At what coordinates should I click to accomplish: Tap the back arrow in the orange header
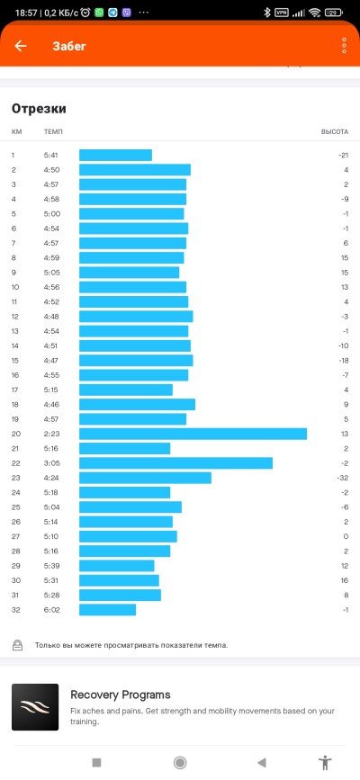[x=21, y=46]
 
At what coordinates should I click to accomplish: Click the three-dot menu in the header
[x=344, y=46]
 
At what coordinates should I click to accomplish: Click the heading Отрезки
[x=39, y=109]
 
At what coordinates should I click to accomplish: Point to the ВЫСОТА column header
[x=335, y=132]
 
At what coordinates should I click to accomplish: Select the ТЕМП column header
[x=53, y=132]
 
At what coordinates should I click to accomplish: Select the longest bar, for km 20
[x=193, y=434]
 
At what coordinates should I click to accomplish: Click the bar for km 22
[x=175, y=463]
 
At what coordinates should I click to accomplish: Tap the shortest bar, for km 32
[x=108, y=610]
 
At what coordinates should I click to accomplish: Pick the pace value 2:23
[x=52, y=434]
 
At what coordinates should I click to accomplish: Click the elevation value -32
[x=343, y=478]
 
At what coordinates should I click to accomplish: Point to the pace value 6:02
[x=52, y=610]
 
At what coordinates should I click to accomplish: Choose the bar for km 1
[x=115, y=156]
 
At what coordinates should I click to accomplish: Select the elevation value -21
[x=343, y=156]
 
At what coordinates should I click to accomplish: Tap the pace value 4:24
[x=52, y=478]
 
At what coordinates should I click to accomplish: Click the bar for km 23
[x=146, y=478]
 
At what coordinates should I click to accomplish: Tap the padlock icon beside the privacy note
[x=17, y=645]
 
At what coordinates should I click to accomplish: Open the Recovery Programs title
[x=121, y=695]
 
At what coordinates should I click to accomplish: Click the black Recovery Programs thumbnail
[x=35, y=707]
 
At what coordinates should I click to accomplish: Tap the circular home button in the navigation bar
[x=180, y=763]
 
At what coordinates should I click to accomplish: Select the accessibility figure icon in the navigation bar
[x=325, y=763]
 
